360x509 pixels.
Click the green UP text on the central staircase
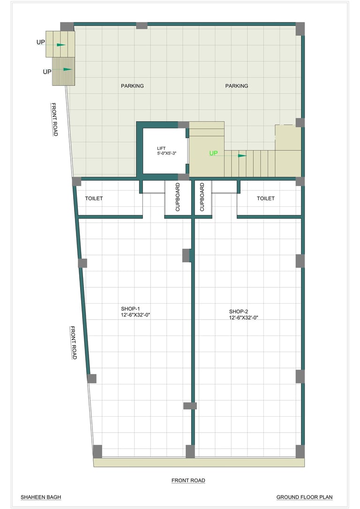click(x=213, y=153)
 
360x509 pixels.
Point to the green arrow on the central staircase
click(x=242, y=156)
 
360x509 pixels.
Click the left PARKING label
click(x=132, y=86)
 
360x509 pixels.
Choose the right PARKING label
click(x=237, y=86)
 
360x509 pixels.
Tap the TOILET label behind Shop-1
click(x=94, y=198)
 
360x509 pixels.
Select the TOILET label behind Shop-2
click(x=265, y=198)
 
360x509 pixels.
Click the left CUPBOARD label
click(x=178, y=197)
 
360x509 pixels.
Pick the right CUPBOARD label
click(x=202, y=197)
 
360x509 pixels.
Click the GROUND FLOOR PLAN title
click(x=305, y=497)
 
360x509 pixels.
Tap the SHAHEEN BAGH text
click(x=41, y=497)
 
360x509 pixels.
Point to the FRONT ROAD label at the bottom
click(x=188, y=480)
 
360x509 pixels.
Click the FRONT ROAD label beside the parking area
click(x=54, y=120)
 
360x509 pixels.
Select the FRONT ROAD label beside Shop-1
click(x=74, y=343)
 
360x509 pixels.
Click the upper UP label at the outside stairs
click(x=41, y=42)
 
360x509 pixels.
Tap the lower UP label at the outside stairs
click(x=47, y=72)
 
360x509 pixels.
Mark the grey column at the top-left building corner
click(x=67, y=27)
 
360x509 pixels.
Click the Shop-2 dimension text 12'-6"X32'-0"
click(x=243, y=318)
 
